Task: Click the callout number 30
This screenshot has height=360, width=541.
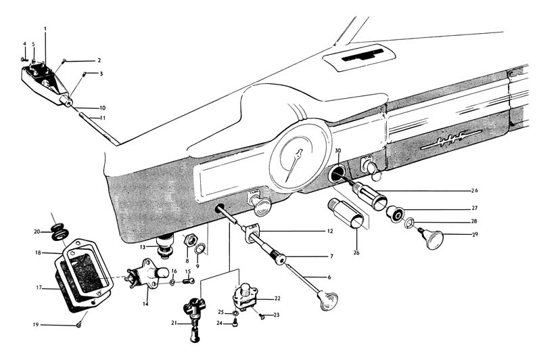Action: point(337,150)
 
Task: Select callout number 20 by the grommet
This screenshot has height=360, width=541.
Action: point(37,231)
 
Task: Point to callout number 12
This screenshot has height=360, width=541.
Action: point(330,231)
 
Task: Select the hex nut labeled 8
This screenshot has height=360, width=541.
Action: point(191,240)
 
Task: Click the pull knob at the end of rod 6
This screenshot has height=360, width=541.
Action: point(329,300)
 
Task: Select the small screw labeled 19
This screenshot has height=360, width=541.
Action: point(79,325)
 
